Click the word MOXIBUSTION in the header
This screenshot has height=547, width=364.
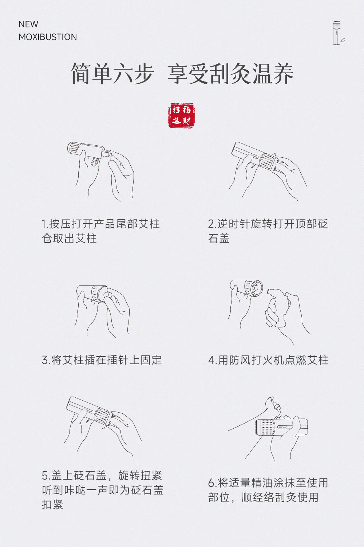point(48,37)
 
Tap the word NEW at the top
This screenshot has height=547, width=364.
point(28,24)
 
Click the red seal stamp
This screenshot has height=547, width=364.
point(182,115)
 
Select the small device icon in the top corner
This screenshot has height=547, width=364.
point(339,33)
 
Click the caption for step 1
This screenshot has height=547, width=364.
point(100,231)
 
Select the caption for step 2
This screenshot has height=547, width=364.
point(268,231)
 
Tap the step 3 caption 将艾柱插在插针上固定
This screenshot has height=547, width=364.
point(102,360)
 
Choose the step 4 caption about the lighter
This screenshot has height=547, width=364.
point(268,360)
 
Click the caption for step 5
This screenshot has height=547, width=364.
point(103,490)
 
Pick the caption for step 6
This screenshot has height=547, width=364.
point(268,490)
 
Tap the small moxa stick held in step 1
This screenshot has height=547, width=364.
point(112,158)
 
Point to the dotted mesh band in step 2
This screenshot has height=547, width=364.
point(268,161)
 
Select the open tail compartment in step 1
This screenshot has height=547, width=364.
point(106,153)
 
